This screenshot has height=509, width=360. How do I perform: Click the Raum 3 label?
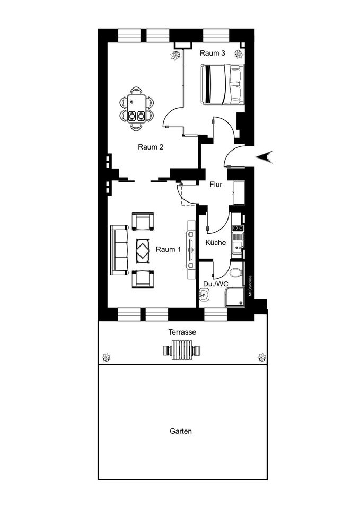pyautogui.click(x=212, y=53)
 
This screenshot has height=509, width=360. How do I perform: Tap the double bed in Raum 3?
pyautogui.click(x=223, y=84)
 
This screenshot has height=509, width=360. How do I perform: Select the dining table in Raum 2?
pyautogui.click(x=136, y=108)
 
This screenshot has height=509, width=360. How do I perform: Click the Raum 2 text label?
pyautogui.click(x=151, y=147)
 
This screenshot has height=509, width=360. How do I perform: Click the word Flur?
pyautogui.click(x=216, y=185)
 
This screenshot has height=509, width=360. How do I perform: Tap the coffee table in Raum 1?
pyautogui.click(x=143, y=250)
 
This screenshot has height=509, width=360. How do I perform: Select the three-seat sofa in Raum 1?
pyautogui.click(x=119, y=250)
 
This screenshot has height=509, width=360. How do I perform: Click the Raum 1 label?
pyautogui.click(x=168, y=249)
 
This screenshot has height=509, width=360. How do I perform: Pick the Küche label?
pyautogui.click(x=216, y=242)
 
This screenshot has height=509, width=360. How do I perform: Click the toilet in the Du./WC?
pyautogui.click(x=236, y=272)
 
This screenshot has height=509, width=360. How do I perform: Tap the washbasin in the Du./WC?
pyautogui.click(x=204, y=295)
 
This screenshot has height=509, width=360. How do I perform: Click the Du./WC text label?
pyautogui.click(x=216, y=284)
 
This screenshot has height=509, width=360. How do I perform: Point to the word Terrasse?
pyautogui.click(x=182, y=332)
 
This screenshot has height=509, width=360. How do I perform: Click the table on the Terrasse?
pyautogui.click(x=182, y=350)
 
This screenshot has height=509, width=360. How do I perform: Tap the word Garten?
pyautogui.click(x=181, y=431)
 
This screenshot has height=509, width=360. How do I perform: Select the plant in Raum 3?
pyautogui.click(x=239, y=54)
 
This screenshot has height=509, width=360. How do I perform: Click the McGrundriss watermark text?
pyautogui.click(x=250, y=285)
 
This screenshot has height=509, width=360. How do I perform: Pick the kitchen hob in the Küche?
pyautogui.click(x=238, y=228)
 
